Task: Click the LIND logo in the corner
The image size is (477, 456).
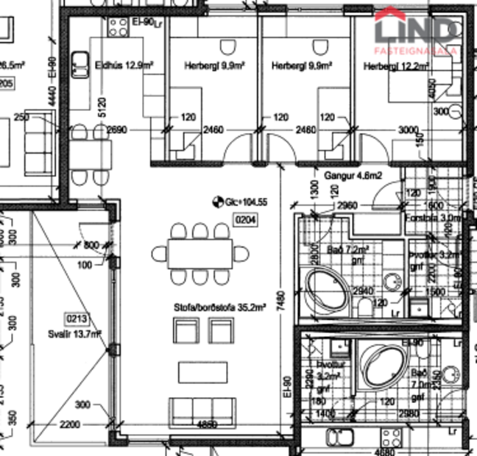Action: point(416,32)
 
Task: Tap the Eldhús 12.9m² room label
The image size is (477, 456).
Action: point(124,65)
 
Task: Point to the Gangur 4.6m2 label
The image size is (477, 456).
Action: point(352,176)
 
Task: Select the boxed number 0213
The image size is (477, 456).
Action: point(78,318)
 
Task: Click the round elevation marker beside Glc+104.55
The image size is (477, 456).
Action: point(216,201)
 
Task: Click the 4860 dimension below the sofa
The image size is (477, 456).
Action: point(205,425)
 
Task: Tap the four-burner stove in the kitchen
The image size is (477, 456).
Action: point(118,27)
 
